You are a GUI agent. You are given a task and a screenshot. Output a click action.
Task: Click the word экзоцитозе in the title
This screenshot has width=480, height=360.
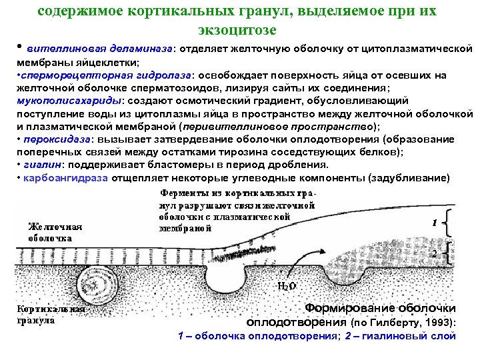pos(237,30)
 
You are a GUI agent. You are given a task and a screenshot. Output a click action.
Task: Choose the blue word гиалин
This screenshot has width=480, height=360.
pos(39,164)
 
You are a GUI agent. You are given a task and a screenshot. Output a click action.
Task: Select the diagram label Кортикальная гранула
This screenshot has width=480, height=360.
pos(51,314)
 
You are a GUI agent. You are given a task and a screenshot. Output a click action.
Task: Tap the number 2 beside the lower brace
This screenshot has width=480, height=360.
pos(434,254)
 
